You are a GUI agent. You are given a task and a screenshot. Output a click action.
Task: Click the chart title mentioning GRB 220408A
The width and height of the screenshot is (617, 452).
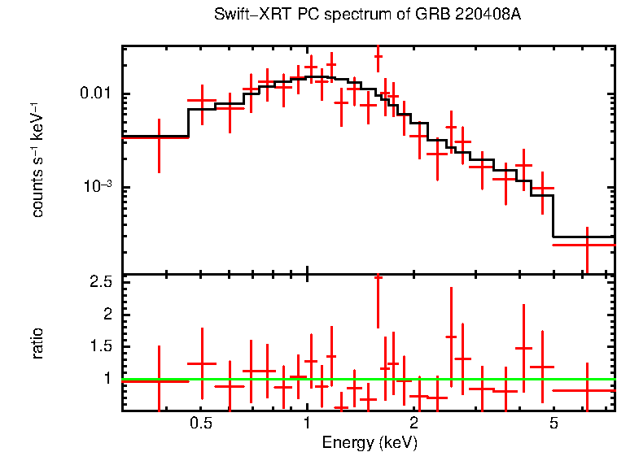pos(367,15)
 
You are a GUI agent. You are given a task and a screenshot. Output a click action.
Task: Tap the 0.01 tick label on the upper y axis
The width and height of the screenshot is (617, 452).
pos(98,94)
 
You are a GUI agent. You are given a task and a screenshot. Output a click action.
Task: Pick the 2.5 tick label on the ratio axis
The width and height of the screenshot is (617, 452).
pos(102,282)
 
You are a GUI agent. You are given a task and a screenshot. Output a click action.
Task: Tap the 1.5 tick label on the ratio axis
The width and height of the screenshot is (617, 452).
pos(102,346)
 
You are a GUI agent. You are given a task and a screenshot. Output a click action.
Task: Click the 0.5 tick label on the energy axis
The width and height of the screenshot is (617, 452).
pos(201,424)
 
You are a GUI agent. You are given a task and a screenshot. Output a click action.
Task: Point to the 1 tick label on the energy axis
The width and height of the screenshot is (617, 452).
pos(307,424)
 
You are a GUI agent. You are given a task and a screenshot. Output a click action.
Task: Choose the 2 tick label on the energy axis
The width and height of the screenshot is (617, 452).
pos(414,424)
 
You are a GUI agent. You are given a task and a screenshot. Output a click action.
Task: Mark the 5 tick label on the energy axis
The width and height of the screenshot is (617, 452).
pos(554,424)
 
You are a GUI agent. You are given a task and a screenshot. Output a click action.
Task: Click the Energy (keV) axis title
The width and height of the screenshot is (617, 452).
pos(370,442)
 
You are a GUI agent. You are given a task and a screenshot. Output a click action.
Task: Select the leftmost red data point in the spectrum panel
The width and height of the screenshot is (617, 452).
pos(159,138)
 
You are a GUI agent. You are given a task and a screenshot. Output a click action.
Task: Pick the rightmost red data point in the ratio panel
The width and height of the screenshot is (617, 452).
pos(586,390)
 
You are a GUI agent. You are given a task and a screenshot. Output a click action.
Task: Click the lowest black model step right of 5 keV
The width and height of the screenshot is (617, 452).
pos(584,237)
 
